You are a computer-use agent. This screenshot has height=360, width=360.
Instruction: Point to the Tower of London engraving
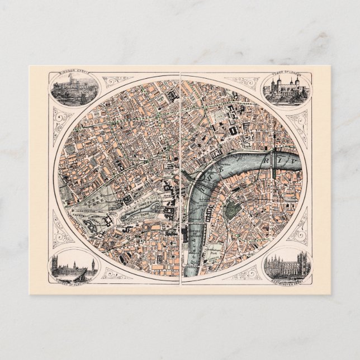coord(285,89)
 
